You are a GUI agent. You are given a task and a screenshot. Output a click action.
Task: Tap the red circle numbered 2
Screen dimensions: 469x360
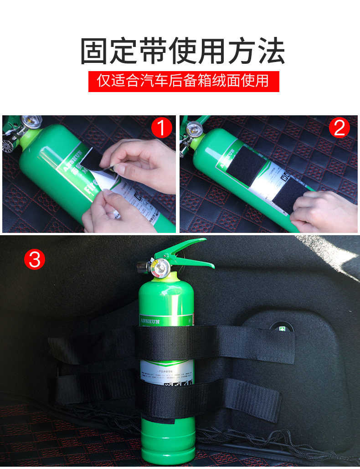339,129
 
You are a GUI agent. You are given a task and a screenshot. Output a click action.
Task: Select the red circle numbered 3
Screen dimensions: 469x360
35,259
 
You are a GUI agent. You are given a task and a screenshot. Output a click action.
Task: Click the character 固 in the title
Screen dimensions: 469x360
95,51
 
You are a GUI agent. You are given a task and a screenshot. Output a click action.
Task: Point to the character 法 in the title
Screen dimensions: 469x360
270,51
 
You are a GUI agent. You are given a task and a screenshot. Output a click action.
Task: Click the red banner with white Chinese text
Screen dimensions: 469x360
183,81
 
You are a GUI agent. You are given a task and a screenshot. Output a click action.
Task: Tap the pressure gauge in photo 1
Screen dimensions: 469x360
32,122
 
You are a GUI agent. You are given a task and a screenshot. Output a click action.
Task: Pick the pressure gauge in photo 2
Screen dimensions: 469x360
194,129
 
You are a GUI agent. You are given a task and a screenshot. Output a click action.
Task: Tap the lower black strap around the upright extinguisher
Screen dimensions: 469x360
210,399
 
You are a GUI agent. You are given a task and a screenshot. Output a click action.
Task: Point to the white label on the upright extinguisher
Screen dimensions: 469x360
167,371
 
